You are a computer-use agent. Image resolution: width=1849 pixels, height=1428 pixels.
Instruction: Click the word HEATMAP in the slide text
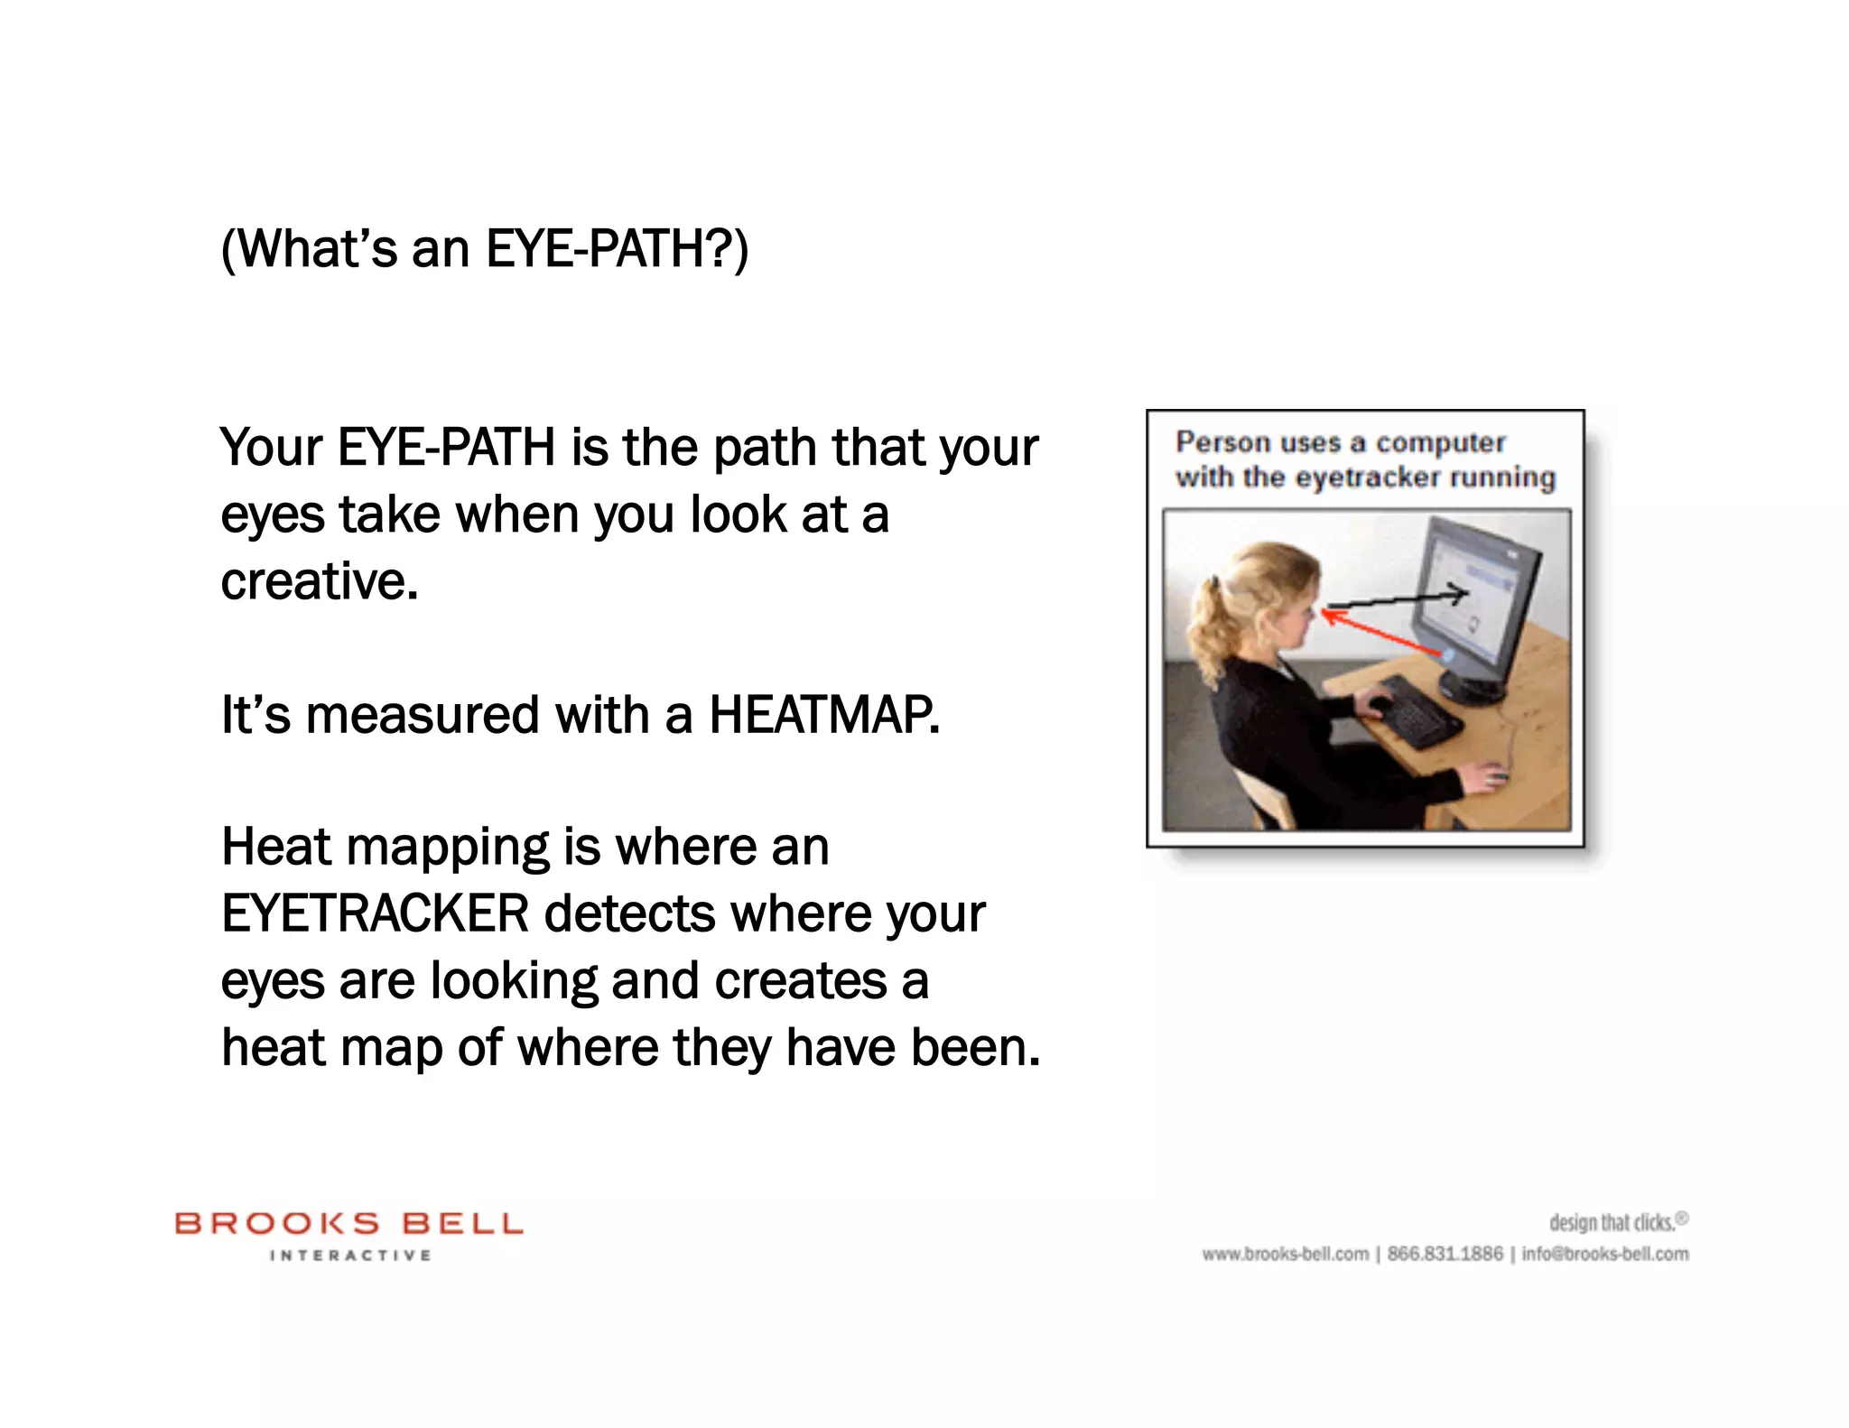(823, 715)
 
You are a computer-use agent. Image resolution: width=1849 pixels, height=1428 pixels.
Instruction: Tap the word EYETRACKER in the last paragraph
(375, 913)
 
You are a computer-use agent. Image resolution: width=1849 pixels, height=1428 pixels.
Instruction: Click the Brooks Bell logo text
(348, 1224)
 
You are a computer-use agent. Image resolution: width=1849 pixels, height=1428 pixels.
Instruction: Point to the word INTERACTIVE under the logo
(350, 1256)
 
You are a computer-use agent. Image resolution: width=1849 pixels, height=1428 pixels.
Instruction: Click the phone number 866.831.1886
(1445, 1254)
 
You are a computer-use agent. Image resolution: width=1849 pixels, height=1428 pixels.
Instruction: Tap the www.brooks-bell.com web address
(1285, 1254)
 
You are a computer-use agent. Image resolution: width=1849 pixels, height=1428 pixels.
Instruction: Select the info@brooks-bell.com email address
(1604, 1254)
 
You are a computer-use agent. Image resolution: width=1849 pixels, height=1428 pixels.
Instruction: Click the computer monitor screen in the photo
(1470, 600)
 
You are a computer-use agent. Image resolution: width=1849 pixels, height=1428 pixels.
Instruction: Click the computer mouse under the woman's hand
(1494, 776)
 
